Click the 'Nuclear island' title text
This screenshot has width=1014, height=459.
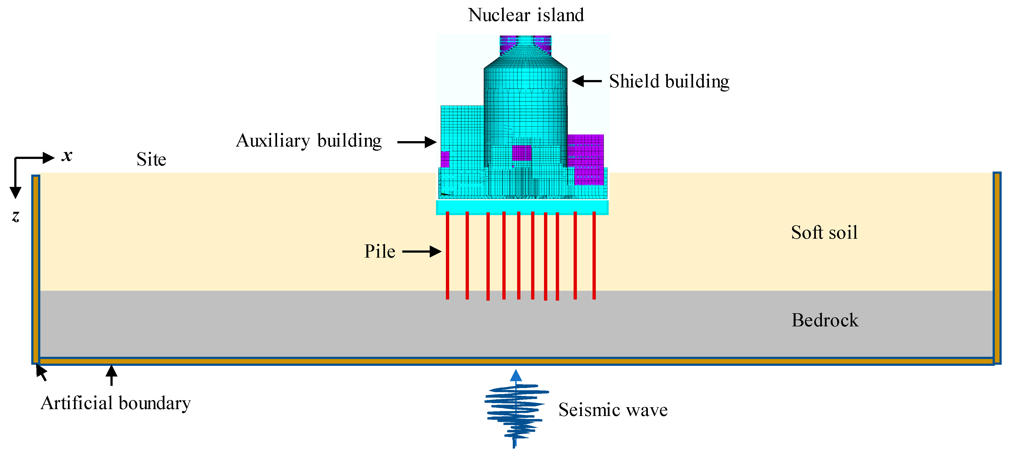click(526, 15)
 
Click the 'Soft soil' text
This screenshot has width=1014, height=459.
click(824, 232)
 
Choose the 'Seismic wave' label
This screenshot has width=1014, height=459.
click(613, 410)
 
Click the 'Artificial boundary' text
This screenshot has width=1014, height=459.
click(116, 403)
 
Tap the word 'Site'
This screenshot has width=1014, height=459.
click(151, 159)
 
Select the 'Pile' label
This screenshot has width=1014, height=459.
click(380, 252)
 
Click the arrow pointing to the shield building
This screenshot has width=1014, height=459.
click(586, 81)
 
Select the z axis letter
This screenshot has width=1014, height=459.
click(16, 216)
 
